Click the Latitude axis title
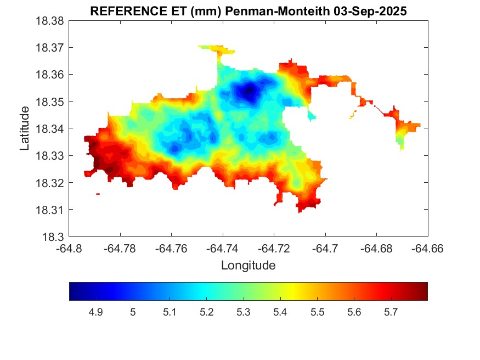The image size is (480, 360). pyautogui.click(x=25, y=129)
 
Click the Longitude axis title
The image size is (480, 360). pyautogui.click(x=248, y=266)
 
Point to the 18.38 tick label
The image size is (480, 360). pyautogui.click(x=50, y=21)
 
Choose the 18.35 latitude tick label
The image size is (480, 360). pyautogui.click(x=50, y=102)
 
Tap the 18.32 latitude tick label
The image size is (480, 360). pyautogui.click(x=50, y=183)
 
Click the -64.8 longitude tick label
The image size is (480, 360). pyautogui.click(x=70, y=249)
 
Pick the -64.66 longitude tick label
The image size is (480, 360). pyautogui.click(x=428, y=249)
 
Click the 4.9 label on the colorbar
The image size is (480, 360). pyautogui.click(x=96, y=312)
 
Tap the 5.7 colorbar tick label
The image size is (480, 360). pyautogui.click(x=391, y=312)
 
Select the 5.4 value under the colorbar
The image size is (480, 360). pyautogui.click(x=280, y=312)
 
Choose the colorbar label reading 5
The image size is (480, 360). pyautogui.click(x=133, y=312)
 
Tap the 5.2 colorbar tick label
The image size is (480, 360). pyautogui.click(x=206, y=312)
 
